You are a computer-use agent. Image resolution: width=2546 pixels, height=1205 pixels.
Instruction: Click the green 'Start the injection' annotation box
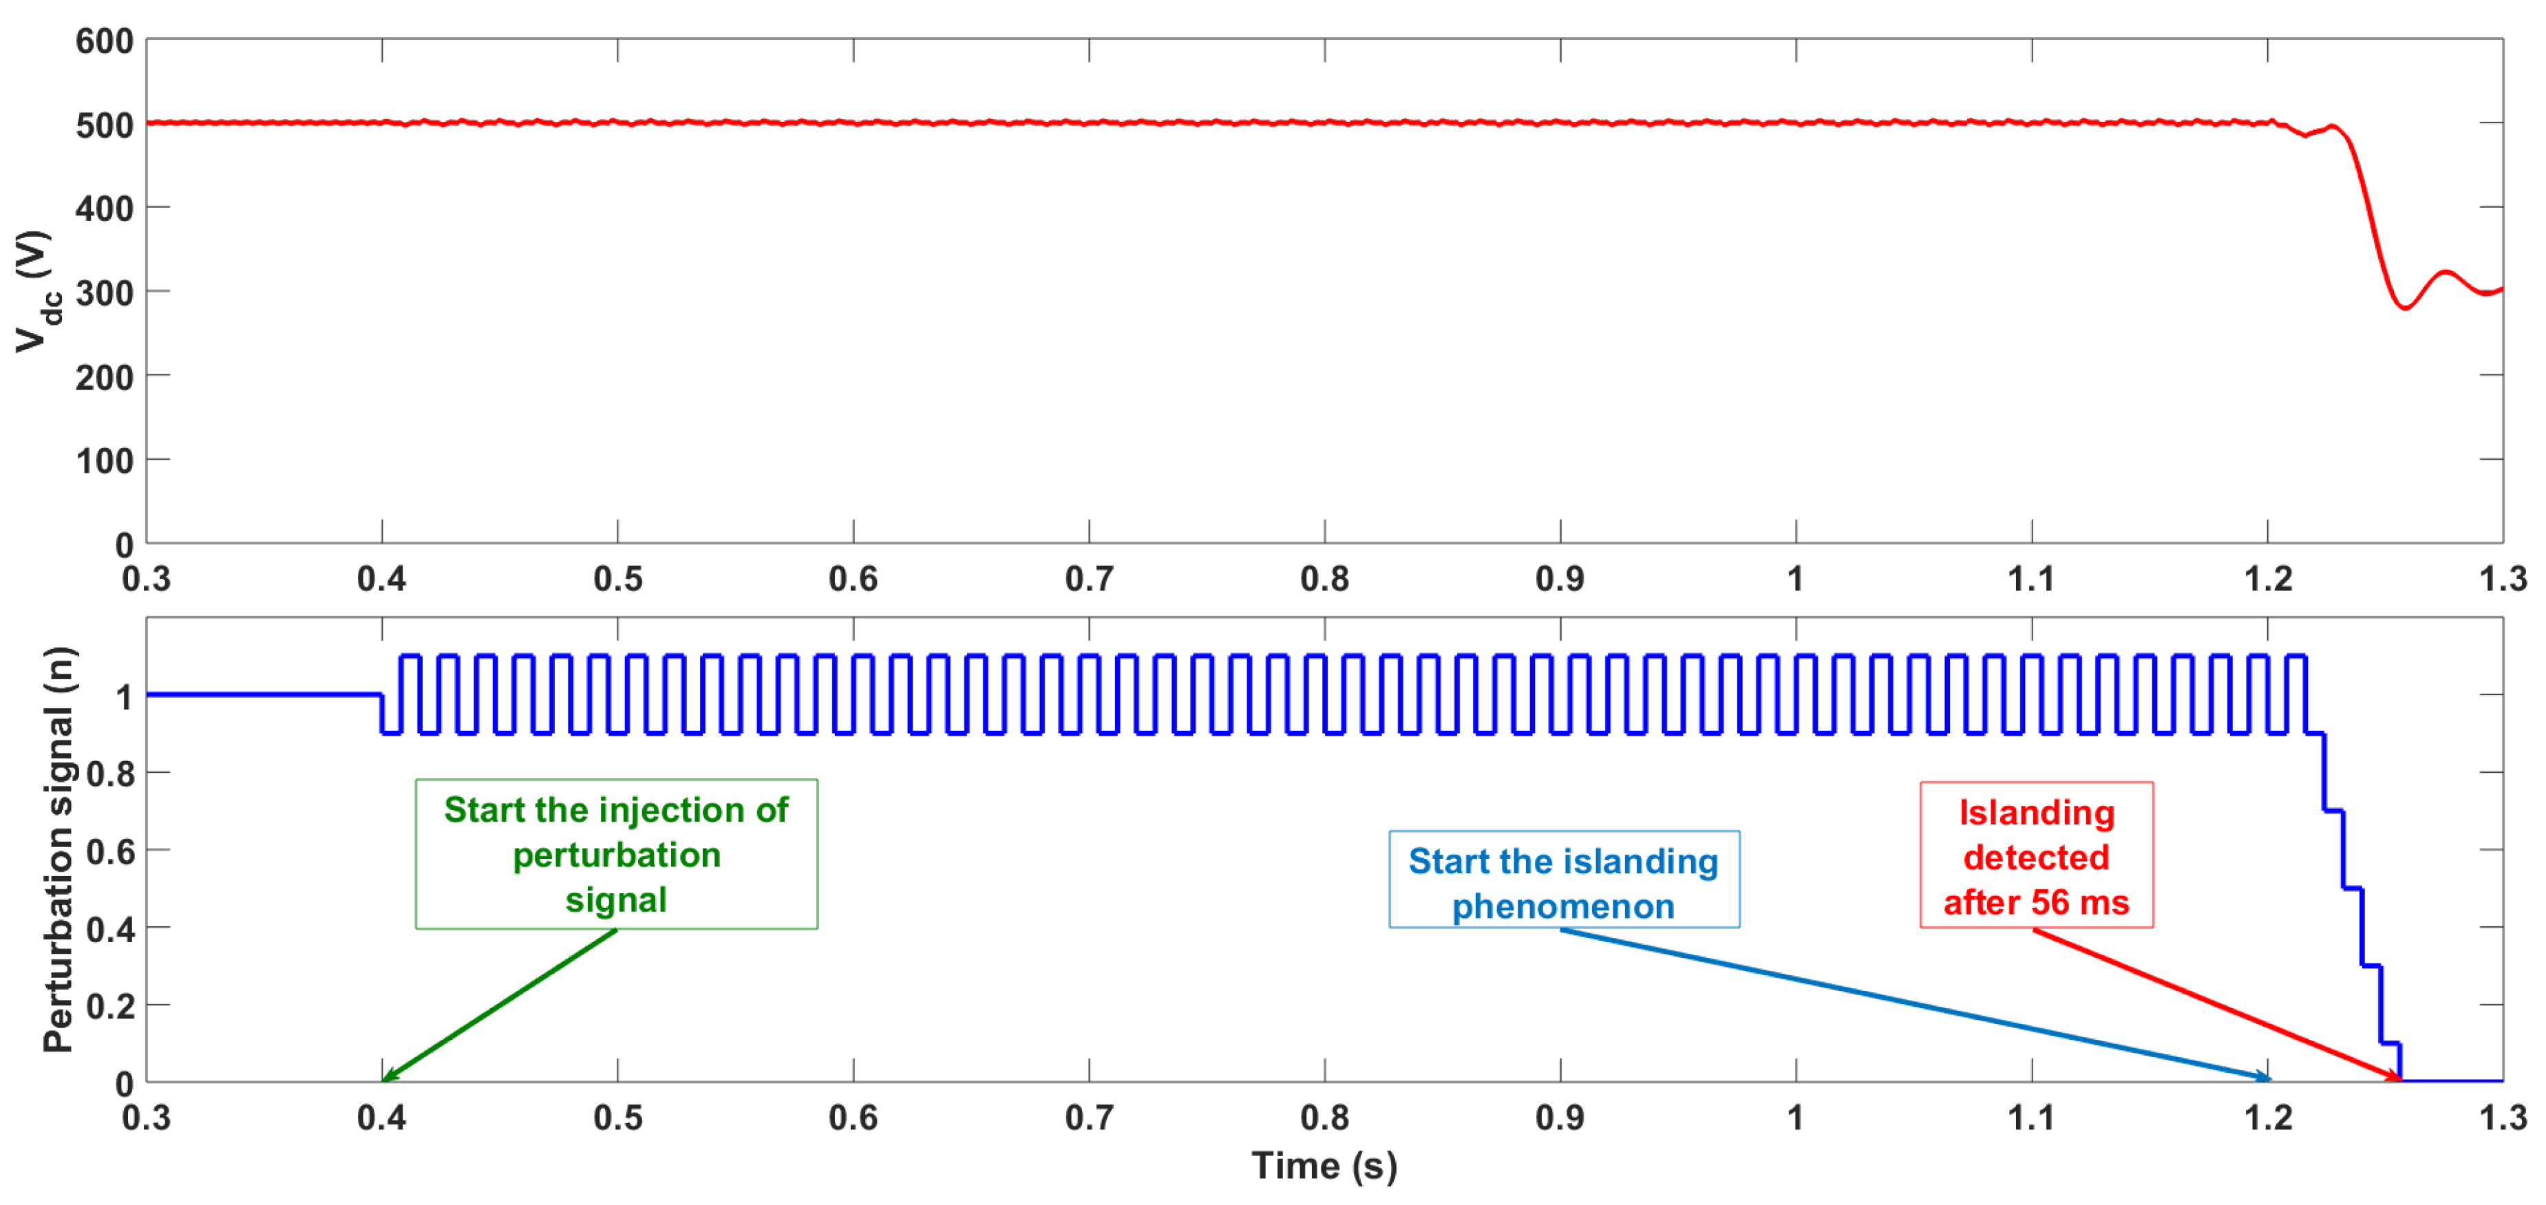point(616,853)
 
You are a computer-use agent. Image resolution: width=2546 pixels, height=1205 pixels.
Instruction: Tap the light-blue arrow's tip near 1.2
point(2267,1078)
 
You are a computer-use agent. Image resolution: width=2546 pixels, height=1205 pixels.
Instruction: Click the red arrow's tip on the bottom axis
point(2399,1078)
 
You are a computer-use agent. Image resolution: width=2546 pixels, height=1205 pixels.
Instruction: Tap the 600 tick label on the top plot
point(104,41)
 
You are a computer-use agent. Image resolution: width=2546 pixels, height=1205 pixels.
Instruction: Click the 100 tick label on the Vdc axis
point(104,460)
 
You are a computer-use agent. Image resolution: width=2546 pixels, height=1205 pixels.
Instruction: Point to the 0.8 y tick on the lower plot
point(111,773)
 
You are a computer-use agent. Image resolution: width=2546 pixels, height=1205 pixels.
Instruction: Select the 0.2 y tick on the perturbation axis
point(111,1005)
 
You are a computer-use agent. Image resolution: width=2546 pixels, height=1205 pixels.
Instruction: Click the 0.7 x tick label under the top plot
point(1088,578)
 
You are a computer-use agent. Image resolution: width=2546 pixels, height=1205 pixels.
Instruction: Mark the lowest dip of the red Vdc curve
point(2406,308)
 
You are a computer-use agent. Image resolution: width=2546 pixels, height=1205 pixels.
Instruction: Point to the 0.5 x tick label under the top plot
point(617,578)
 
